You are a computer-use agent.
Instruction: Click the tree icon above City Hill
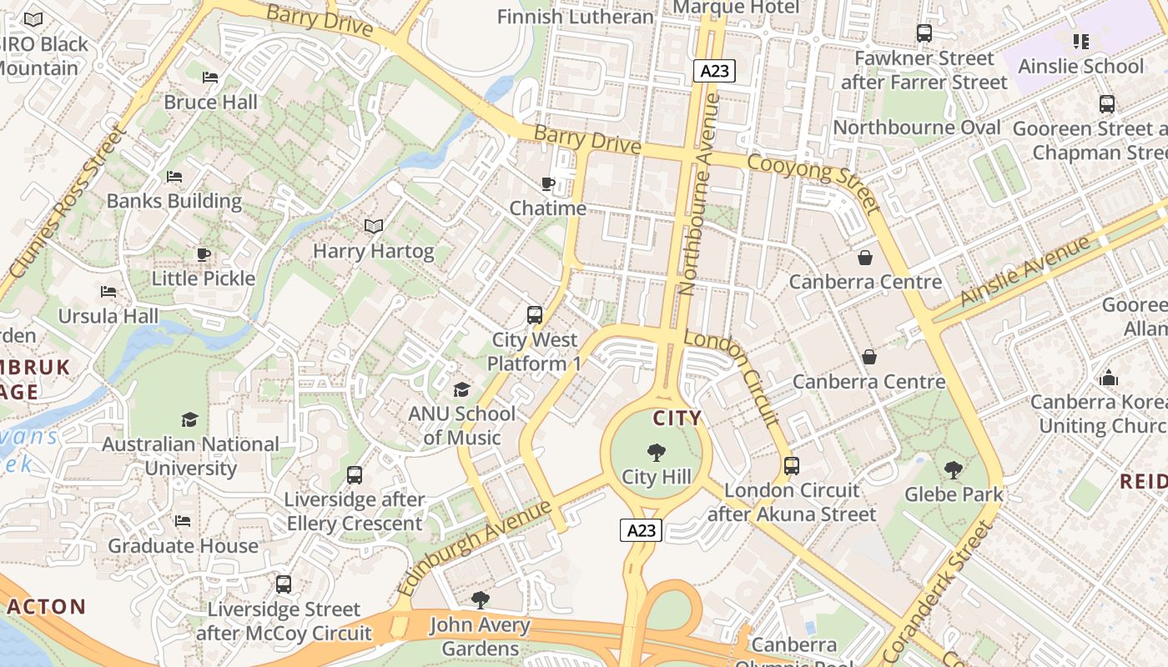pos(657,453)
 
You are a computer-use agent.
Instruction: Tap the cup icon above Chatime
pos(547,183)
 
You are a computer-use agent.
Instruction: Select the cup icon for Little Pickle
pos(203,254)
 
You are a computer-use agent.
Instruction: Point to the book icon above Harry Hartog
pos(374,226)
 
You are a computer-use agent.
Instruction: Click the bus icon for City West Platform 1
pos(535,315)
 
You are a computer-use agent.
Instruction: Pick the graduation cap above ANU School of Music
pos(461,389)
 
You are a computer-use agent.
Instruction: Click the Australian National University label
pos(190,456)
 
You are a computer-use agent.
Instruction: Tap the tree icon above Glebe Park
pos(954,470)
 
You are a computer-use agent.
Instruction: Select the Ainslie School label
pos(1080,66)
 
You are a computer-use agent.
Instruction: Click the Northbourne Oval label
pos(917,128)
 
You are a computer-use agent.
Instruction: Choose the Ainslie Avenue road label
pos(1025,269)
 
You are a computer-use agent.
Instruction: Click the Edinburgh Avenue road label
pos(475,547)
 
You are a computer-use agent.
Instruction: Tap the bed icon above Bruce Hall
pos(210,78)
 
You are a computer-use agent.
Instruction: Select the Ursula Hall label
pos(108,316)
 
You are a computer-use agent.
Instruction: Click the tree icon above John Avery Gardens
pos(480,600)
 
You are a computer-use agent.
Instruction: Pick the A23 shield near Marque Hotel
pos(713,71)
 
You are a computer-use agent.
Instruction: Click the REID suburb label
pos(1143,481)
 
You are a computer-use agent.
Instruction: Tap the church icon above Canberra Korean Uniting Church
pos(1108,378)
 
